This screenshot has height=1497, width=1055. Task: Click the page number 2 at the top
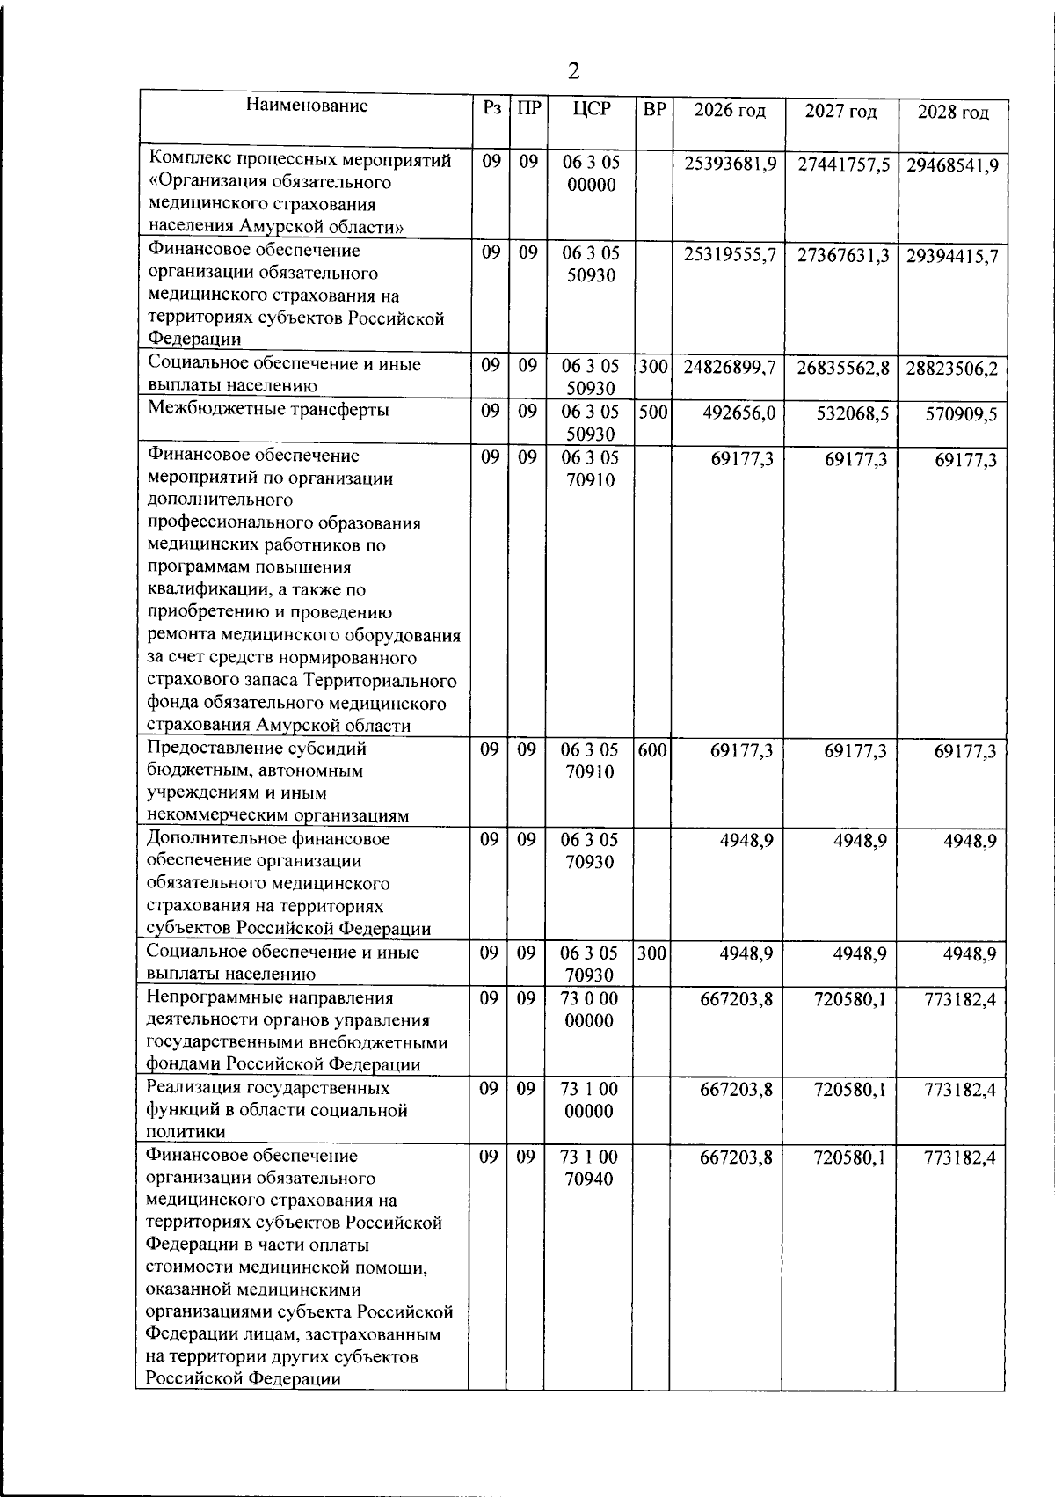coord(574,71)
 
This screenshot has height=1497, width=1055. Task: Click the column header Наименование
coord(307,106)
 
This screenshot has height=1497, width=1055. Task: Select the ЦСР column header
coord(590,110)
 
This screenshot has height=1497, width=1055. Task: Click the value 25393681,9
coord(730,164)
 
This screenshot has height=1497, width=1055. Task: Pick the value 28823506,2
coord(952,369)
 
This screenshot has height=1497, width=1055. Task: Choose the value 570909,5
coord(961,414)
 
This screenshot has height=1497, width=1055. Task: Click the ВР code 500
coord(652,411)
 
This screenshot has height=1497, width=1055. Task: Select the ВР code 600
coord(652,750)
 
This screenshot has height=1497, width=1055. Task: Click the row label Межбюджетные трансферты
coord(268,409)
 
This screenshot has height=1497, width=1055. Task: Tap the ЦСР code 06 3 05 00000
coord(590,173)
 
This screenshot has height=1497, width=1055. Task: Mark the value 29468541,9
coord(952,165)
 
